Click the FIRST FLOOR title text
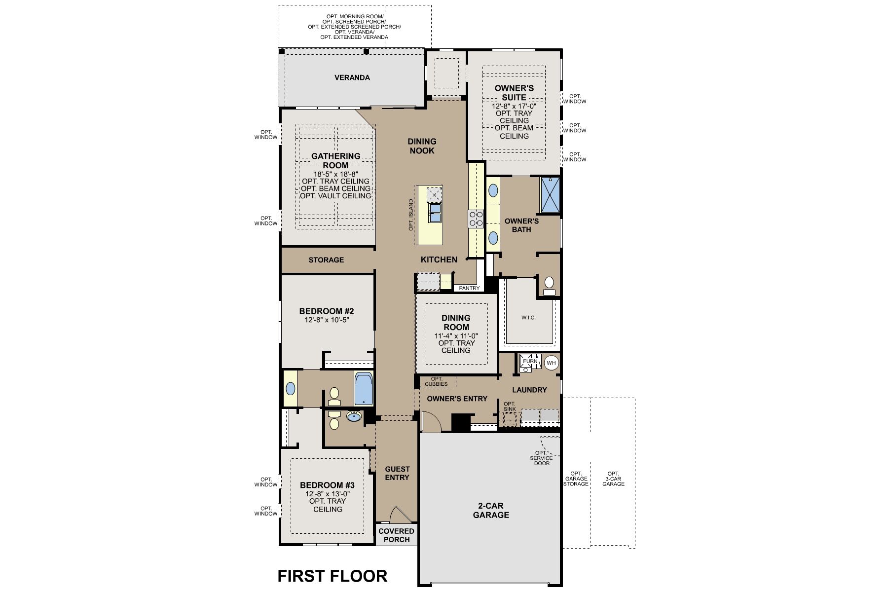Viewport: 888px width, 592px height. [x=332, y=576]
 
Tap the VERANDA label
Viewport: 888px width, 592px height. [x=352, y=77]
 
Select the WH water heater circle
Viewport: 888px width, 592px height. [x=551, y=363]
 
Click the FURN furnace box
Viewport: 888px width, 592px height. [x=530, y=362]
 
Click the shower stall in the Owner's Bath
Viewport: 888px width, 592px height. [x=551, y=194]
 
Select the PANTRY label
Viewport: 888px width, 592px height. [x=469, y=288]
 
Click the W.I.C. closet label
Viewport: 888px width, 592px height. [x=528, y=318]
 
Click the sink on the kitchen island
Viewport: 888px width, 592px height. [x=435, y=214]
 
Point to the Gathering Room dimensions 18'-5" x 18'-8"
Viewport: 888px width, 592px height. [x=335, y=174]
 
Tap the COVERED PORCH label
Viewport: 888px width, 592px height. [x=397, y=535]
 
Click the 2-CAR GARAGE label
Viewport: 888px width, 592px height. [x=491, y=511]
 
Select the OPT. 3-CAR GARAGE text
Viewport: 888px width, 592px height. [x=613, y=479]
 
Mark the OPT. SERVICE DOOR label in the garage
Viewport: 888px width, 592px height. [x=541, y=458]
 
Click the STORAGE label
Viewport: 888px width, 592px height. [x=326, y=260]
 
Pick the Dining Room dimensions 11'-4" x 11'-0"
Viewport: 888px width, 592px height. [x=456, y=336]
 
